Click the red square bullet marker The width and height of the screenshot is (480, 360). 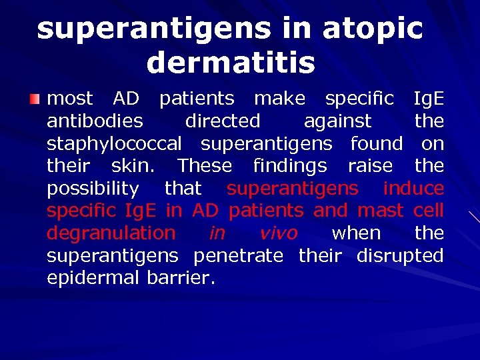(x=34, y=99)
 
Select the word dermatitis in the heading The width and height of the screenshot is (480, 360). (x=231, y=63)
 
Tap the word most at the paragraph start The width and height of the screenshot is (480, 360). (x=70, y=99)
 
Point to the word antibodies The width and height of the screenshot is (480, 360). (x=95, y=121)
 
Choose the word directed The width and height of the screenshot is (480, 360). (x=223, y=121)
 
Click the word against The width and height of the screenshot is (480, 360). (x=337, y=121)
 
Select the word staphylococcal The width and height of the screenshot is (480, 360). (x=114, y=143)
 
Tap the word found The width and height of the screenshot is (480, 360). (x=377, y=143)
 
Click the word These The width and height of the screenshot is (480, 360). (x=205, y=165)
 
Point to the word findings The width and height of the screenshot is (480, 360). (x=290, y=165)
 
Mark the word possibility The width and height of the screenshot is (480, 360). (x=93, y=189)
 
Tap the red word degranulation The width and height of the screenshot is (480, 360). (x=111, y=233)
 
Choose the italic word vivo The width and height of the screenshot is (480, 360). (x=279, y=233)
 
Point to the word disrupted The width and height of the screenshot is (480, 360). (x=400, y=255)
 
